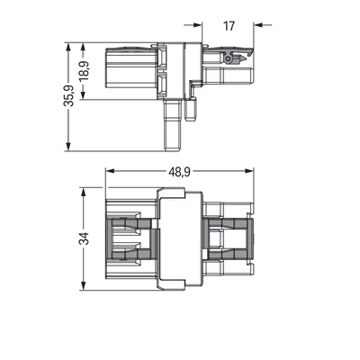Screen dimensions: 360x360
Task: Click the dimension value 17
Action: tap(229, 26)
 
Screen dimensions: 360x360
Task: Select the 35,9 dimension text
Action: tap(68, 95)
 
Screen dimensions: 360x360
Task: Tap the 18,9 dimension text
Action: tap(84, 71)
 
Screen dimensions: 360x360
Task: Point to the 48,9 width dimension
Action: tap(179, 172)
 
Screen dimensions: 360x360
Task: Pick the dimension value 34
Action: tap(84, 238)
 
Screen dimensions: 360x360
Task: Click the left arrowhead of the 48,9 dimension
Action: tap(111, 171)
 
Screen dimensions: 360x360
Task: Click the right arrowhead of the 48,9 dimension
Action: tap(249, 171)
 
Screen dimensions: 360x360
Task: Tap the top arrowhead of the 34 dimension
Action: tap(84, 193)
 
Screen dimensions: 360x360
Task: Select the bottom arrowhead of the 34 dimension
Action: tap(84, 285)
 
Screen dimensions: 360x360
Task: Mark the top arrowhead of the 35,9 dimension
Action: tap(68, 48)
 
